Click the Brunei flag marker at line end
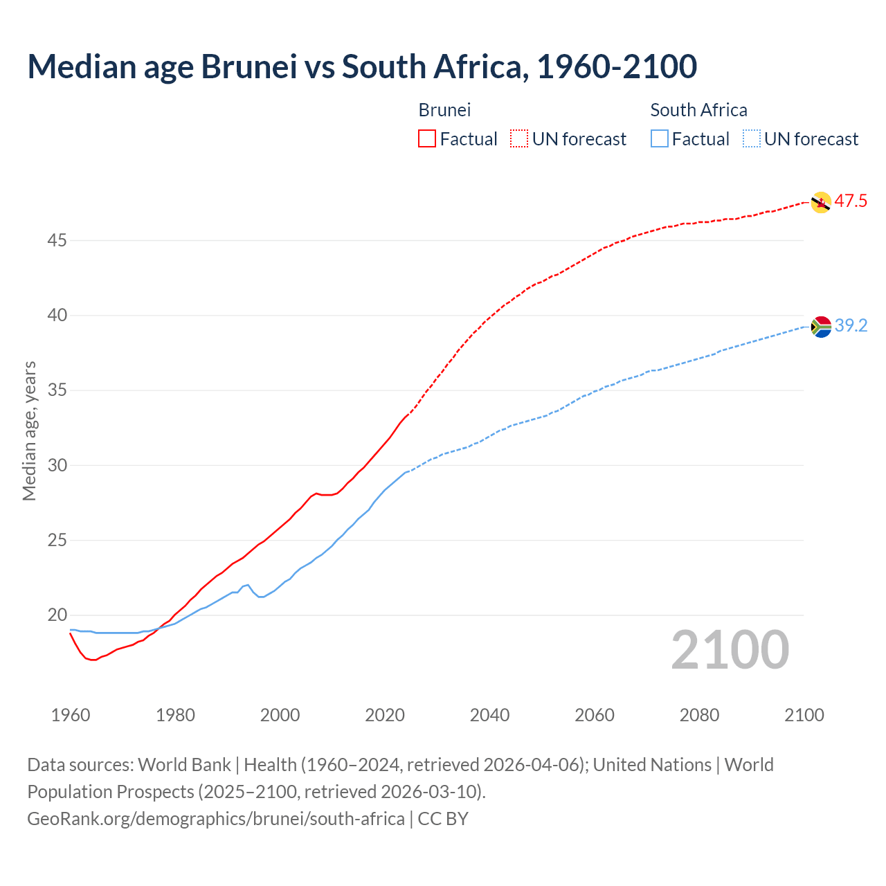tap(820, 202)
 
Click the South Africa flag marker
tap(821, 326)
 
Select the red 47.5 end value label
tap(851, 201)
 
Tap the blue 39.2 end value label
tap(851, 325)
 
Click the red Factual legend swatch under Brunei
tap(427, 139)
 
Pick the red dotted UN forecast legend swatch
tap(519, 139)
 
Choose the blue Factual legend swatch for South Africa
tap(660, 139)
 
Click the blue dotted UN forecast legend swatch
tap(752, 139)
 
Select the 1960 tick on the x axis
tap(71, 715)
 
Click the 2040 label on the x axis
tap(489, 715)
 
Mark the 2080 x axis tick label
tap(699, 715)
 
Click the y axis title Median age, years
tap(29, 431)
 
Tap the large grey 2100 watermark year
tap(730, 650)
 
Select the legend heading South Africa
tap(698, 110)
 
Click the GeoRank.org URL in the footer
tap(215, 819)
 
